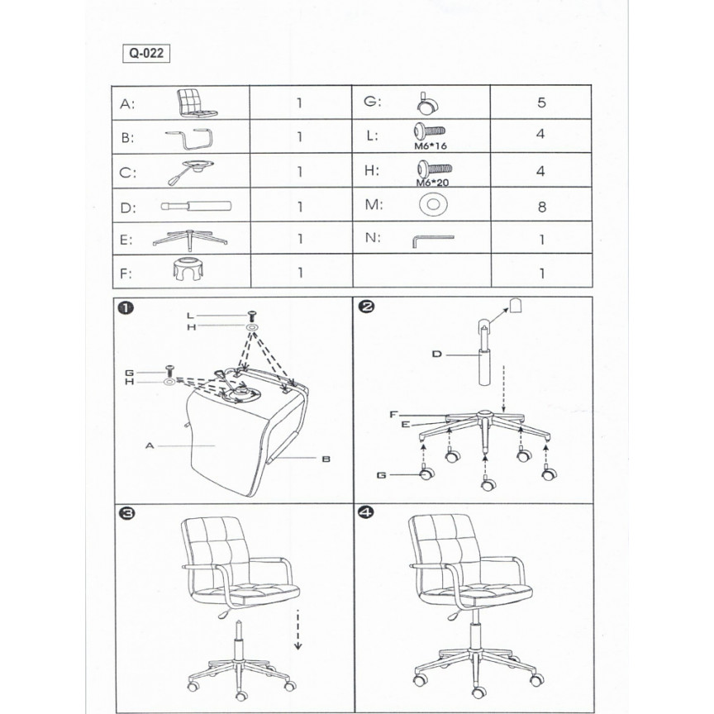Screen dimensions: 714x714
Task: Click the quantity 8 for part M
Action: [x=541, y=207]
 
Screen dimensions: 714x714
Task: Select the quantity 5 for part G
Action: [x=541, y=104]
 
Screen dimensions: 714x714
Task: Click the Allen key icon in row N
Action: [x=432, y=240]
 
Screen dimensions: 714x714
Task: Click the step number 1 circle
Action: [x=126, y=308]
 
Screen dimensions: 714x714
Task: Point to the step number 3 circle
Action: [x=126, y=513]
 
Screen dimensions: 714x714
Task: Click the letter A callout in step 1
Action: [x=150, y=445]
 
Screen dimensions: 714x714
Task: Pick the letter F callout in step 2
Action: [x=394, y=412]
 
